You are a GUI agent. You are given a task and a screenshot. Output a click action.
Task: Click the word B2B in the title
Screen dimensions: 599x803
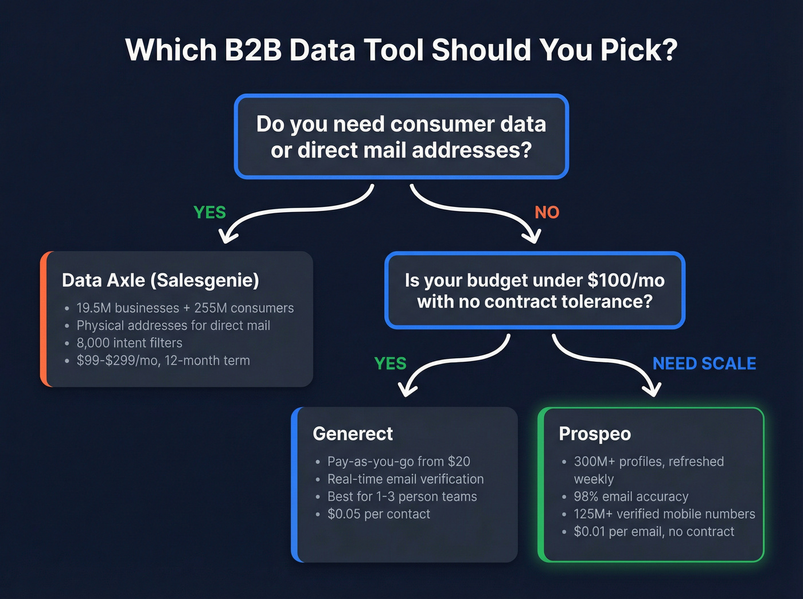point(253,50)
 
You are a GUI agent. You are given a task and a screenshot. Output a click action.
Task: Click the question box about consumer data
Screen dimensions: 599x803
point(401,136)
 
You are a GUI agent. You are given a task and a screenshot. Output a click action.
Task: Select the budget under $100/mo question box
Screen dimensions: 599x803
point(535,290)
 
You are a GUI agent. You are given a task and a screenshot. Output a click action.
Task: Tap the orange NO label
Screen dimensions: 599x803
point(547,213)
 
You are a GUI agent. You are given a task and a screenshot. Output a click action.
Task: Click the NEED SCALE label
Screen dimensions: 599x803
point(704,363)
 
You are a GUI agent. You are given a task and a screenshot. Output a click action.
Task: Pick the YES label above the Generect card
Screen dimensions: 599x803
point(390,363)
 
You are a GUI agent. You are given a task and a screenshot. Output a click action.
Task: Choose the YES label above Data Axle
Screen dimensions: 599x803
point(209,213)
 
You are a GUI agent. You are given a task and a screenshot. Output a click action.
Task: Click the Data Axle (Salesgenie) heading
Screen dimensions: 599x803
point(161,280)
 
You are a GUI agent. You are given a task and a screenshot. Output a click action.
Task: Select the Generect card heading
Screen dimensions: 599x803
point(353,434)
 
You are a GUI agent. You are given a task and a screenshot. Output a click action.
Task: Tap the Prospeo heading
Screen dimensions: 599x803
point(595,434)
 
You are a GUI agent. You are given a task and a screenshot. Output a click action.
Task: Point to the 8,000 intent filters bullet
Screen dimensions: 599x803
point(129,343)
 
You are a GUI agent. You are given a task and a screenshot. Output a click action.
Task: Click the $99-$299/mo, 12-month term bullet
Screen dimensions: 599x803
point(163,361)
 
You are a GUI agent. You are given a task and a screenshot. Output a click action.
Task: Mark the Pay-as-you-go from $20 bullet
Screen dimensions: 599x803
point(399,461)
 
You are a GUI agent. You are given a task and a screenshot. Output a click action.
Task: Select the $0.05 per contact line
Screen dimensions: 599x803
point(379,514)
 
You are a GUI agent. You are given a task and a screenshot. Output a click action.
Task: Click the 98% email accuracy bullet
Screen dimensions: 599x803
point(631,496)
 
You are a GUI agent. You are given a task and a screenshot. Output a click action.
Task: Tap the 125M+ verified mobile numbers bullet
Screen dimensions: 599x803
point(664,514)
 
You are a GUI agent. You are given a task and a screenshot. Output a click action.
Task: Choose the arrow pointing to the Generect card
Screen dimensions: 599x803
point(453,361)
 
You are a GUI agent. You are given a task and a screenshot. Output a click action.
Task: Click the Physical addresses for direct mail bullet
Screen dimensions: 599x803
point(173,326)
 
